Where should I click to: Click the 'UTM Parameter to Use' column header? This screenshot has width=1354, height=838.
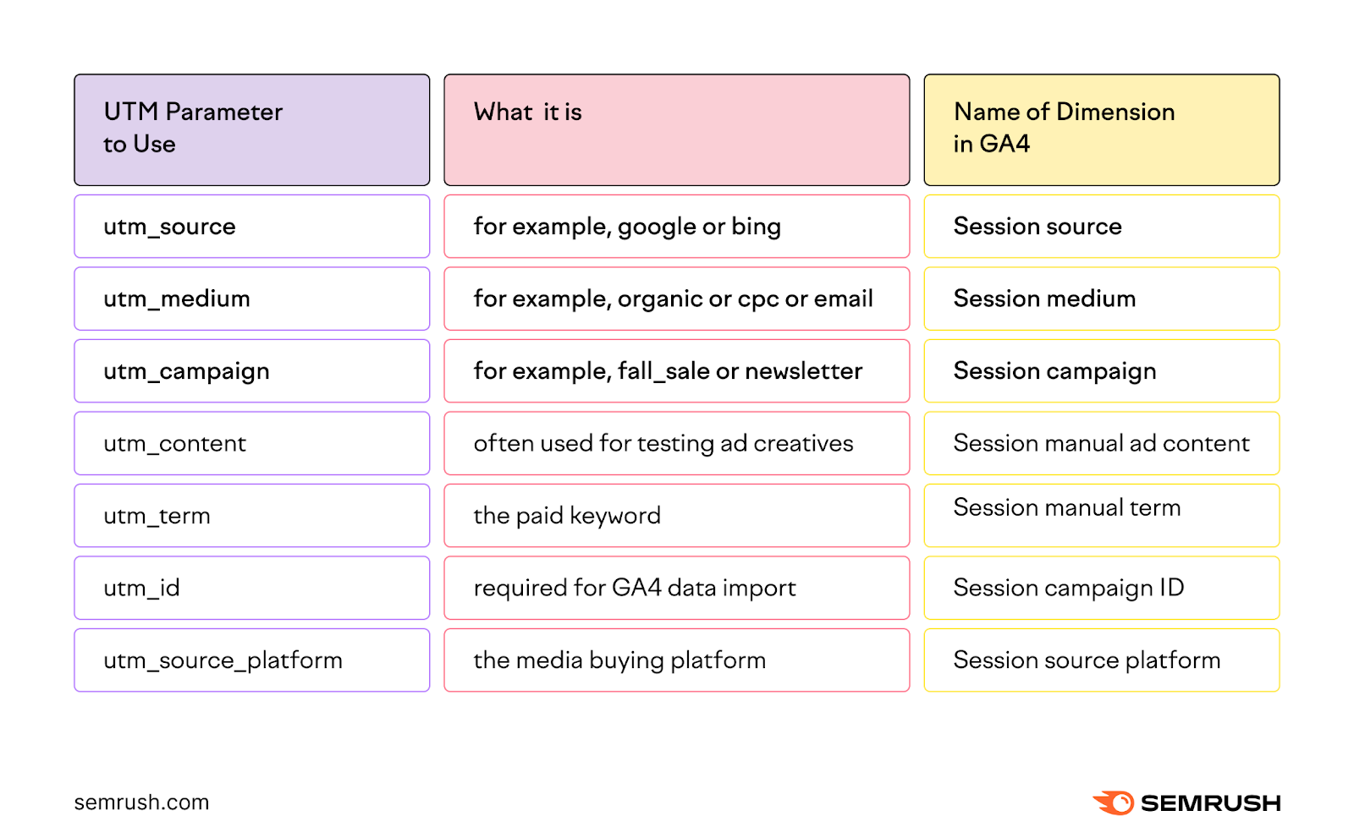click(x=251, y=129)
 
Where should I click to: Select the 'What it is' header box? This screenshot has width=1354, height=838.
click(x=676, y=129)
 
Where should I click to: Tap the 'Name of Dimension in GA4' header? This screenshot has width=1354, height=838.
click(x=1101, y=129)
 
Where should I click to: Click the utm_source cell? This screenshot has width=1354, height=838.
click(x=251, y=227)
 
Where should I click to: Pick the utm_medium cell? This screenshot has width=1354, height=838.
click(x=251, y=299)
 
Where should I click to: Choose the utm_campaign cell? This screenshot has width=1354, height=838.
click(x=251, y=371)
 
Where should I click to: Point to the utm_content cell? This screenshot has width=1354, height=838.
click(x=251, y=443)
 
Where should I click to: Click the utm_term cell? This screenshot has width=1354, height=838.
click(x=251, y=516)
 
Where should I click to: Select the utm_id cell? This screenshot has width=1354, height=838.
click(x=251, y=588)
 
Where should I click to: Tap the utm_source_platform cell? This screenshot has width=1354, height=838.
click(x=251, y=660)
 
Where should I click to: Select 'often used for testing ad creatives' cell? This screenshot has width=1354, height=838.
click(x=676, y=443)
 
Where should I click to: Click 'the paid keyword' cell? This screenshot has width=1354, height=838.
click(x=676, y=516)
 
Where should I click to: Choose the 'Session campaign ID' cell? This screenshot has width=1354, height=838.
click(x=1101, y=588)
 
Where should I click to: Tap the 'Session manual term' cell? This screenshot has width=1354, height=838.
click(x=1101, y=514)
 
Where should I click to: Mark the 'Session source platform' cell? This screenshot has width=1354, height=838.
click(x=1101, y=660)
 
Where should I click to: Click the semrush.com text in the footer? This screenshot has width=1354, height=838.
click(x=141, y=802)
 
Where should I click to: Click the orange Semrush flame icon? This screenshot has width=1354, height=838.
click(x=1114, y=802)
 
